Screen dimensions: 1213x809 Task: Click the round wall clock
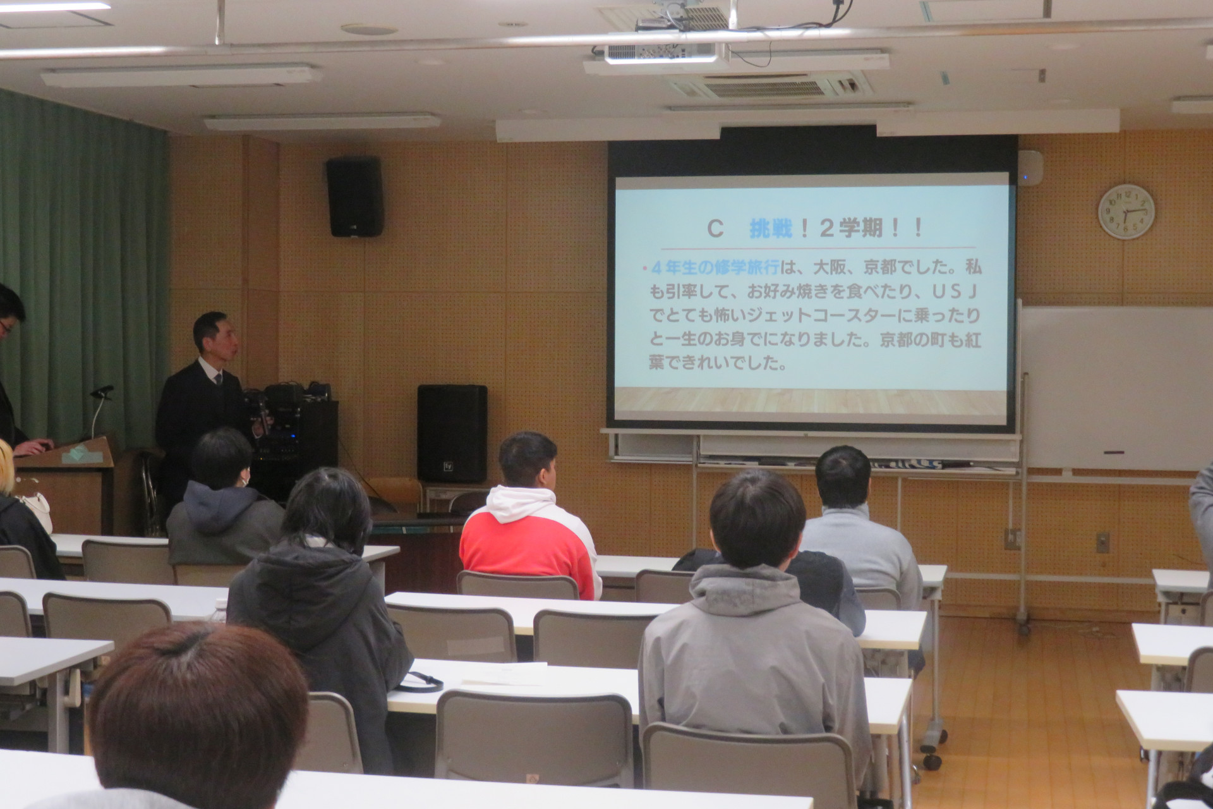click(x=1126, y=212)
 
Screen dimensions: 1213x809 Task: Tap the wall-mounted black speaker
click(x=354, y=197)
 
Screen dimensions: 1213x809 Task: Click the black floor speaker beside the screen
click(x=452, y=434)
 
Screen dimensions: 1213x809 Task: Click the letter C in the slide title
click(x=715, y=229)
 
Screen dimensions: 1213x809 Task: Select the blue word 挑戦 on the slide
click(x=771, y=229)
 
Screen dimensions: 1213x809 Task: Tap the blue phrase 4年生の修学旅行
click(x=714, y=268)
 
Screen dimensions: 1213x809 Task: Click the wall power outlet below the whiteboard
click(x=1102, y=542)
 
